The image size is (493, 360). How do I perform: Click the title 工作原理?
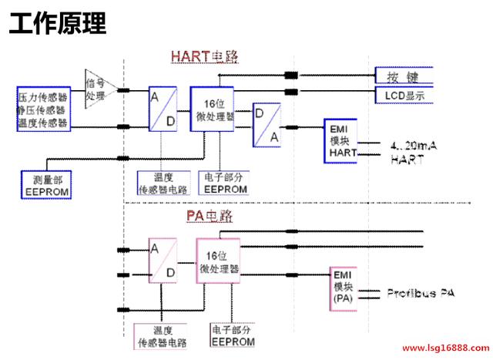58,23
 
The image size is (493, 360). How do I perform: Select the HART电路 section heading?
205,56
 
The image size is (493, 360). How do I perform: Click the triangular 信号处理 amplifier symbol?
98,90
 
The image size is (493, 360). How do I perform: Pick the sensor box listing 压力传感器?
43,109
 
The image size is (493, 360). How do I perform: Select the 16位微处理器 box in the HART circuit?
212,113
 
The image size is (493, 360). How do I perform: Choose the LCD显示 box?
400,96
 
